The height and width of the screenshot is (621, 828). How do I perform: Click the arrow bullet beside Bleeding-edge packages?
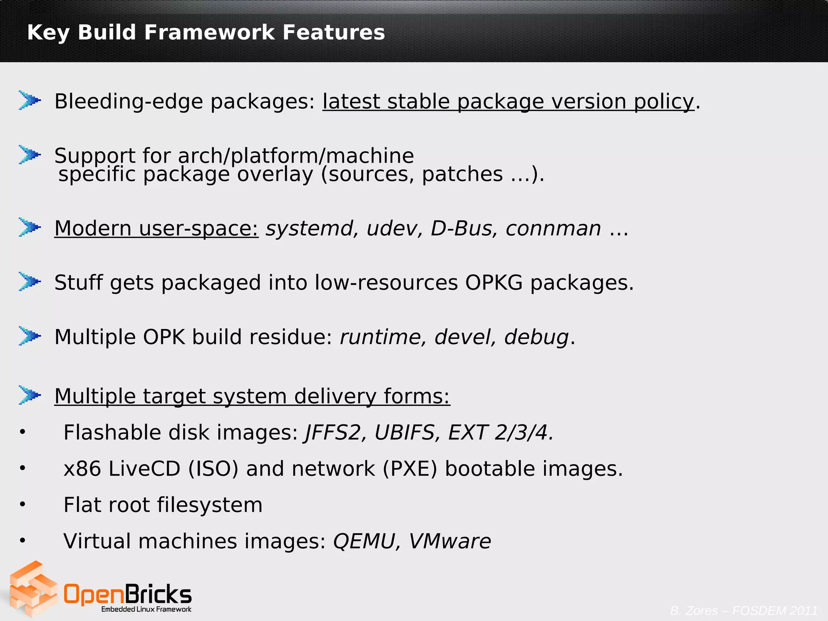30,100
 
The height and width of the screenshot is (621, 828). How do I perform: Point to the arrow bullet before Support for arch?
30,154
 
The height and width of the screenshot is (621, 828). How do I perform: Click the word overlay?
275,175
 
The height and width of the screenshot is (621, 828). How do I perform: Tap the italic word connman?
553,228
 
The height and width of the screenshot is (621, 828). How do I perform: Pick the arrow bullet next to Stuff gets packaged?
30,281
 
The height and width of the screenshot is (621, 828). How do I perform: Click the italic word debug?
537,337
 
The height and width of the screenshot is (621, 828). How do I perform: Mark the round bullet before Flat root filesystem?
23,504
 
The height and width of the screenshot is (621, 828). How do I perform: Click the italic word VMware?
450,541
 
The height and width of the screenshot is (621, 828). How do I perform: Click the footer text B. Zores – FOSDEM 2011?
744,610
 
